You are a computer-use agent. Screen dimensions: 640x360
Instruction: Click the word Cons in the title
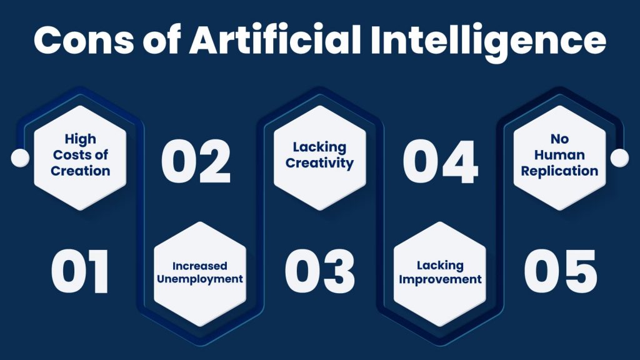click(84, 40)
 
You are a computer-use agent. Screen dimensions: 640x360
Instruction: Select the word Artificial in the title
click(275, 39)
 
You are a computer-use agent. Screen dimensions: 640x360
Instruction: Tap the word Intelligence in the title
click(488, 42)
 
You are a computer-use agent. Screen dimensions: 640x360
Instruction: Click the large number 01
click(79, 271)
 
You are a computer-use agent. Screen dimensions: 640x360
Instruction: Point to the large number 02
click(196, 161)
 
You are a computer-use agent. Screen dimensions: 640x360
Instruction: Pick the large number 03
click(319, 271)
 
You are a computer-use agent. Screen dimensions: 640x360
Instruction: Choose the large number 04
click(440, 161)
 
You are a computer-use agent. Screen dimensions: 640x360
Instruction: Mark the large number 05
click(561, 271)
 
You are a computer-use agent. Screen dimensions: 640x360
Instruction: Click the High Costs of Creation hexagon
click(80, 158)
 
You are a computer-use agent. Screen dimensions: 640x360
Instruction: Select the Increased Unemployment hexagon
click(200, 274)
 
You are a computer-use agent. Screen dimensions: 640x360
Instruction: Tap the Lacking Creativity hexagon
click(319, 158)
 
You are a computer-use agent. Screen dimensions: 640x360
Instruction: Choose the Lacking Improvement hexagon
click(440, 274)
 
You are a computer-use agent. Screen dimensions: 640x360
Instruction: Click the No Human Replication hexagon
click(559, 158)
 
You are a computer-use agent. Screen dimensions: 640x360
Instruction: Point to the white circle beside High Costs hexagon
click(20, 158)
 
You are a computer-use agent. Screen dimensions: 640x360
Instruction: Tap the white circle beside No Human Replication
click(619, 158)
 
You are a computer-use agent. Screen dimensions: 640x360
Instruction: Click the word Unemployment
click(200, 279)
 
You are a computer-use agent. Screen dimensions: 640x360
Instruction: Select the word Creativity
click(319, 163)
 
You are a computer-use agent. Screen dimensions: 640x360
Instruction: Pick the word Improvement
click(440, 280)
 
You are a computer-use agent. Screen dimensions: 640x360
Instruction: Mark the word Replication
click(559, 171)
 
